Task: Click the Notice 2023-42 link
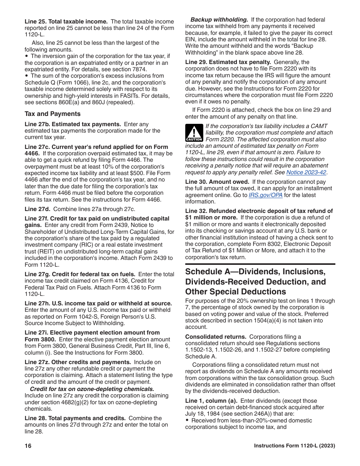tap(306, 172)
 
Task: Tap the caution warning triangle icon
tap(194, 133)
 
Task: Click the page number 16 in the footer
tap(28, 446)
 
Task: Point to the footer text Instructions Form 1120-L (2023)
tap(294, 446)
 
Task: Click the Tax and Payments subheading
tap(53, 114)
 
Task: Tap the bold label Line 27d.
tap(38, 209)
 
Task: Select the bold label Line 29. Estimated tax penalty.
tap(228, 62)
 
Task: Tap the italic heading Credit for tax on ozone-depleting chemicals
tap(92, 389)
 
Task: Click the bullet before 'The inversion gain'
tap(27, 56)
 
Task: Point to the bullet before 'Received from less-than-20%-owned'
tap(187, 421)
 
